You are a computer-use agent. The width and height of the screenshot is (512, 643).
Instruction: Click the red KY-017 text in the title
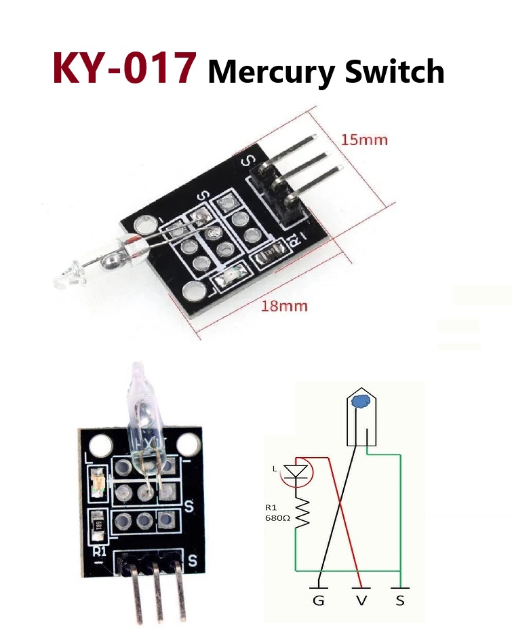124,68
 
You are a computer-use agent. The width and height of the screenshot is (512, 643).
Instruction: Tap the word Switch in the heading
395,71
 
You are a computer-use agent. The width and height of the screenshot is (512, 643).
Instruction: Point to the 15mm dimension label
364,140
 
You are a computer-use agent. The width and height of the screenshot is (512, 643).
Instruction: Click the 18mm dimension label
284,306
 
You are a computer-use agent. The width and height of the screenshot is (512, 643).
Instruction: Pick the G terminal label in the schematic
319,601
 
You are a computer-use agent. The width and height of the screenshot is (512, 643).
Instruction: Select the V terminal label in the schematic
361,601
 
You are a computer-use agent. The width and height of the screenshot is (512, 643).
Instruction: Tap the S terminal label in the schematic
400,601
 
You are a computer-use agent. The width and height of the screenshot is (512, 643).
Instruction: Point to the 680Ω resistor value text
277,518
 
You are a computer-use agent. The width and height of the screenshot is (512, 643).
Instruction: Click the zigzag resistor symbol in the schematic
302,512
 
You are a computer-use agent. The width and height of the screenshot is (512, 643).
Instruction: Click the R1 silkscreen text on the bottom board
99,551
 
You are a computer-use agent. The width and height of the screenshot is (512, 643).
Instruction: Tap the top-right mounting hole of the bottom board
187,445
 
